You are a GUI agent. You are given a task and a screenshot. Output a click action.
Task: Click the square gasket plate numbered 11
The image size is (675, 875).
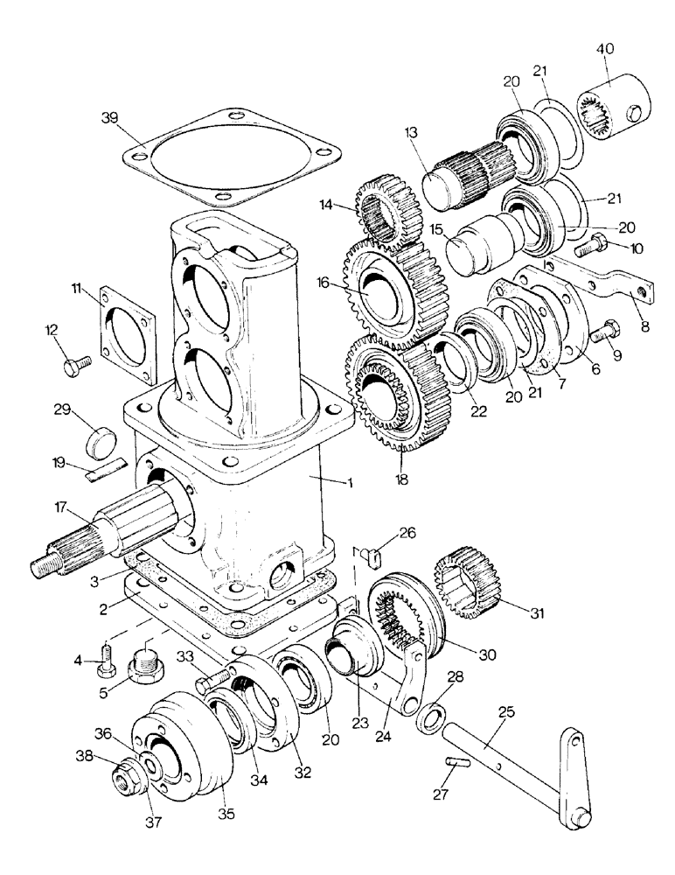click(130, 325)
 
